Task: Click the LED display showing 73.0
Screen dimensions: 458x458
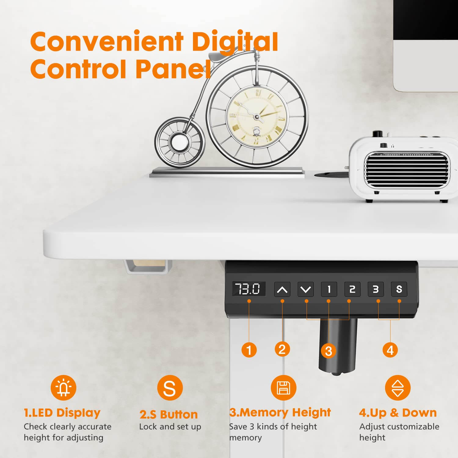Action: [x=248, y=289]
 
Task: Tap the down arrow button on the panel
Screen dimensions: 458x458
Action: [x=306, y=289]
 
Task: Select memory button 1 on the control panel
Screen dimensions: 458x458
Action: [x=329, y=289]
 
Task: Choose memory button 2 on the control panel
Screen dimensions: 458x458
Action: [x=352, y=289]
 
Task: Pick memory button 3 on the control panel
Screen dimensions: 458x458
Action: [x=376, y=289]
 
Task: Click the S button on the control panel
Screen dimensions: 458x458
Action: [x=399, y=289]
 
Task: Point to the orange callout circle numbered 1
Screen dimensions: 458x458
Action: [x=249, y=350]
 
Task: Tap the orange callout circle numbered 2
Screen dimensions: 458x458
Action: [x=282, y=349]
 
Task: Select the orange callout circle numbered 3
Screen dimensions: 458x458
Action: [x=329, y=351]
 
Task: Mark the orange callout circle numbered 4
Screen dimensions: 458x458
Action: [x=390, y=350]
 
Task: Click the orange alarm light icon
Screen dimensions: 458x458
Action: [x=64, y=388]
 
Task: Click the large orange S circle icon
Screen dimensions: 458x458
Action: [x=170, y=388]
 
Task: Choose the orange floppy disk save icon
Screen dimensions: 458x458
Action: [x=283, y=388]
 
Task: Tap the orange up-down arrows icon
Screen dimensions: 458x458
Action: [x=398, y=388]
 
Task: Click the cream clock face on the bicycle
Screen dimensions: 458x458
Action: [x=257, y=116]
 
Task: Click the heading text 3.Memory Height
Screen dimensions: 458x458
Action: [x=280, y=413]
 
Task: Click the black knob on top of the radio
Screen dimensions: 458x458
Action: [x=378, y=134]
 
